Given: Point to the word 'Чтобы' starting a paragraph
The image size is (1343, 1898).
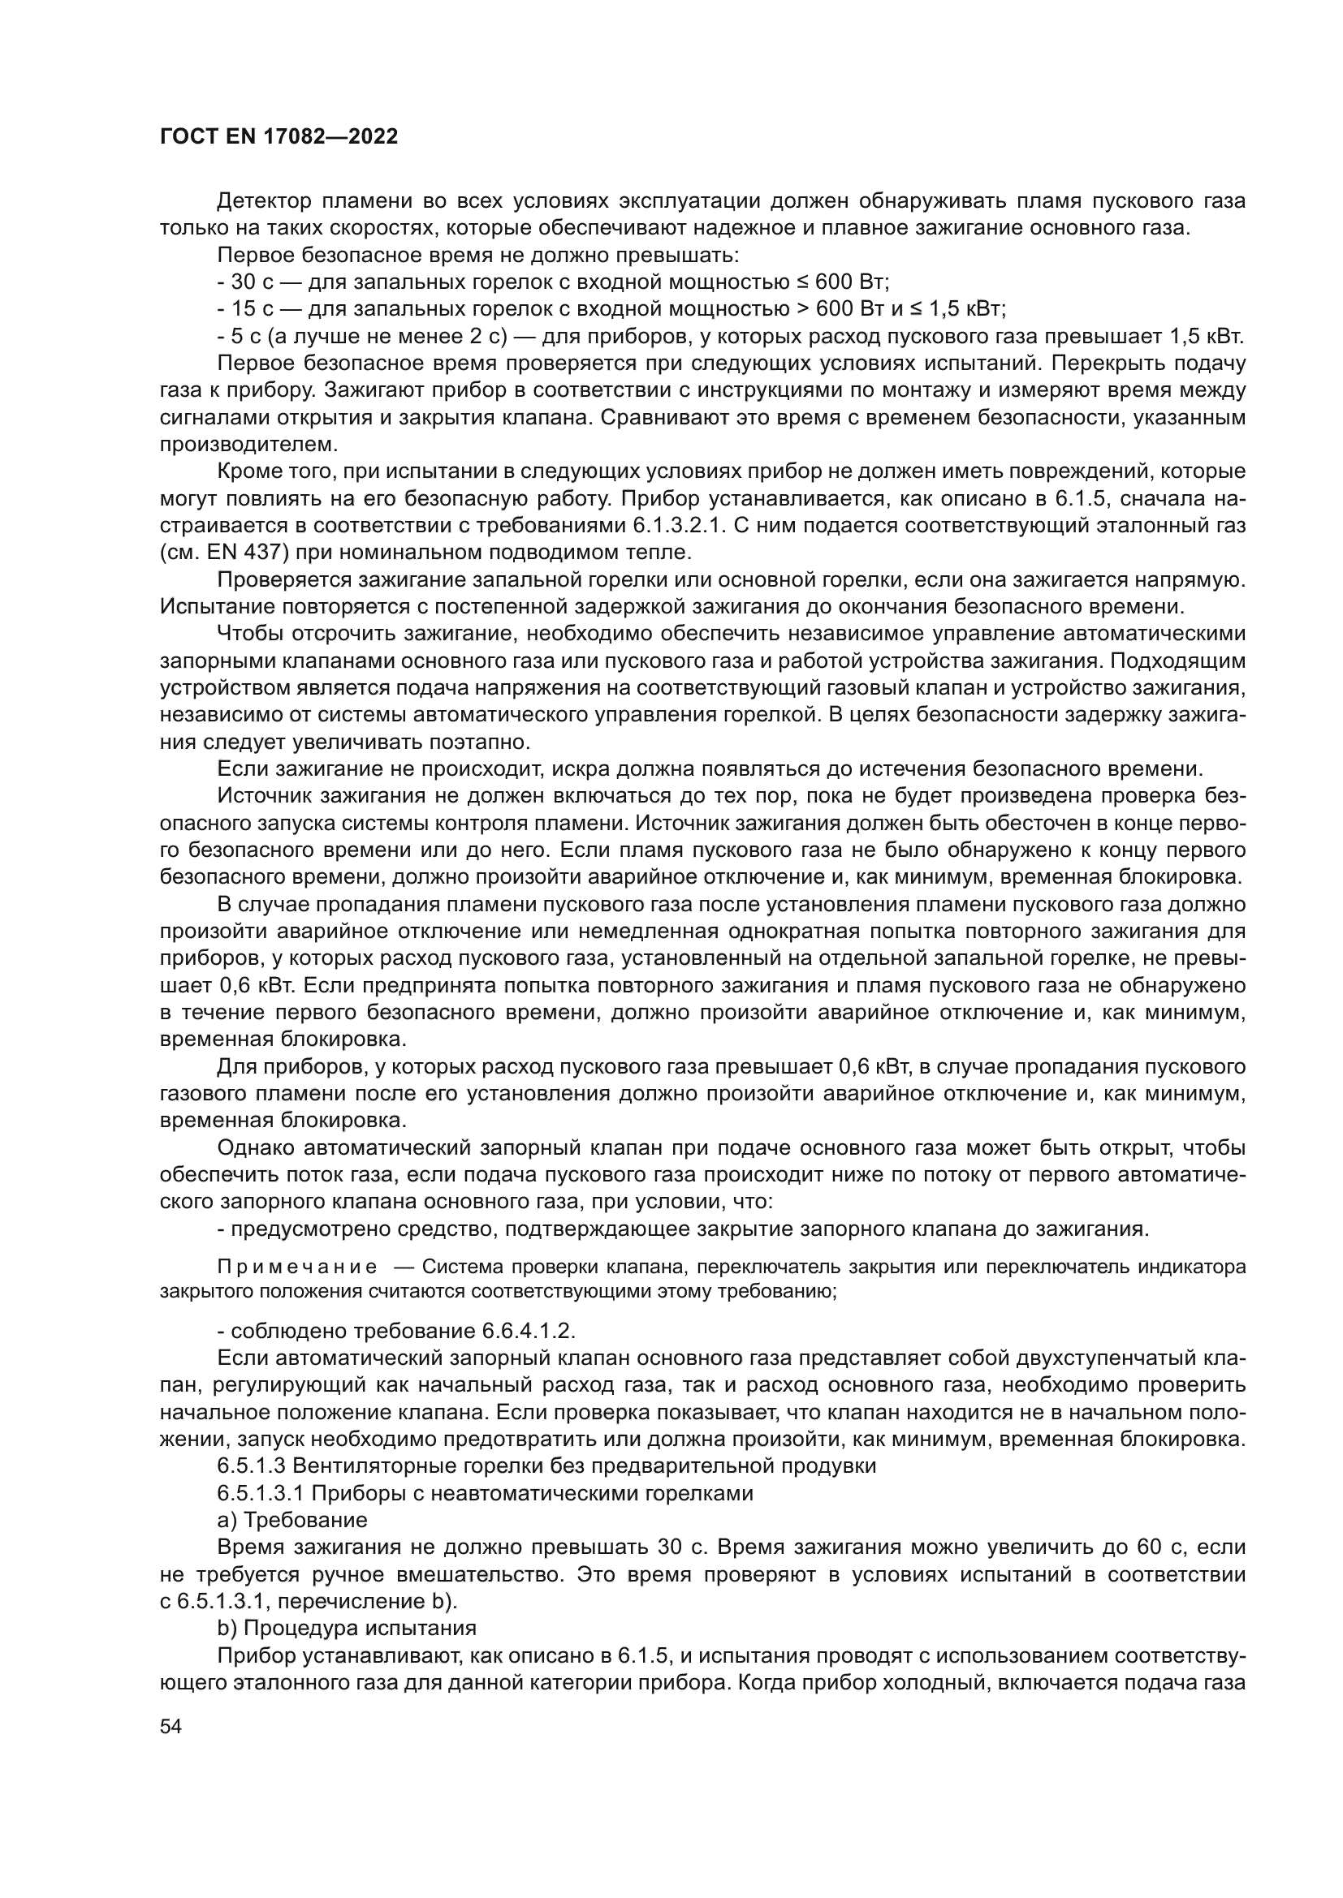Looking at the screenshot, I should pos(249,633).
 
